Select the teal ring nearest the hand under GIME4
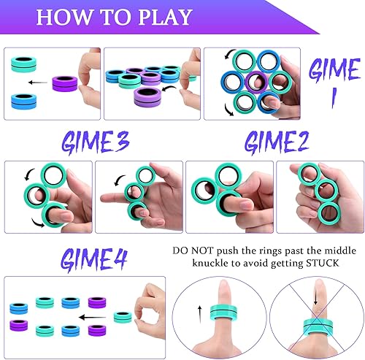coord(123,316)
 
